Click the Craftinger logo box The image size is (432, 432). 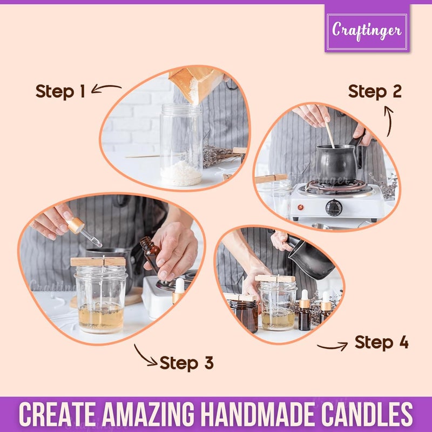pos(367,28)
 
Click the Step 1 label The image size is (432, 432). pos(60,91)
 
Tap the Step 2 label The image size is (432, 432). pos(375,91)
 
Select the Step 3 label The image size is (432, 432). pos(187,362)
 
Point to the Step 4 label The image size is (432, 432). pos(381,342)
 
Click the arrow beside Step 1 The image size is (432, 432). pos(106,88)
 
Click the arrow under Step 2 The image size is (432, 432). pos(389,120)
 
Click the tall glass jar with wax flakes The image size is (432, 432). pos(181,145)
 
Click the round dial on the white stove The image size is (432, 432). pos(334,207)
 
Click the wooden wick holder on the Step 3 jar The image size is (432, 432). pos(98,262)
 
